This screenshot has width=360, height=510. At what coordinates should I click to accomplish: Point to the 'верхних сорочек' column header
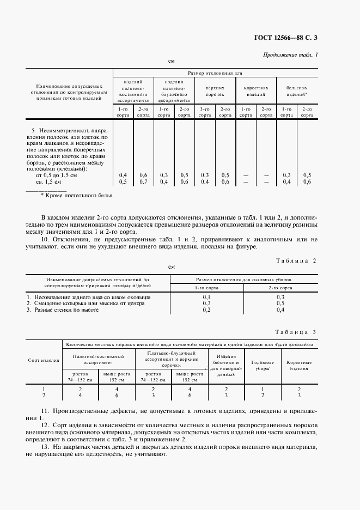point(215,90)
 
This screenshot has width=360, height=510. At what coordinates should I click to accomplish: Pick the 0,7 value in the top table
point(143,181)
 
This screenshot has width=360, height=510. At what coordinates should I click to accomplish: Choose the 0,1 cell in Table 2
point(206,297)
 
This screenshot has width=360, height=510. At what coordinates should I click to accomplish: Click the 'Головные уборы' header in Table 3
point(263,365)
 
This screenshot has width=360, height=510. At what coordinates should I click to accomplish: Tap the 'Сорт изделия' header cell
point(44,361)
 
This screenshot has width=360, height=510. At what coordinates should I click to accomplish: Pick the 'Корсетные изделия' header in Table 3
point(299,365)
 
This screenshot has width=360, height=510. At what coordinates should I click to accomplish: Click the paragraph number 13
point(45,446)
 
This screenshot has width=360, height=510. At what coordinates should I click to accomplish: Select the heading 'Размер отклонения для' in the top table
point(215,72)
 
